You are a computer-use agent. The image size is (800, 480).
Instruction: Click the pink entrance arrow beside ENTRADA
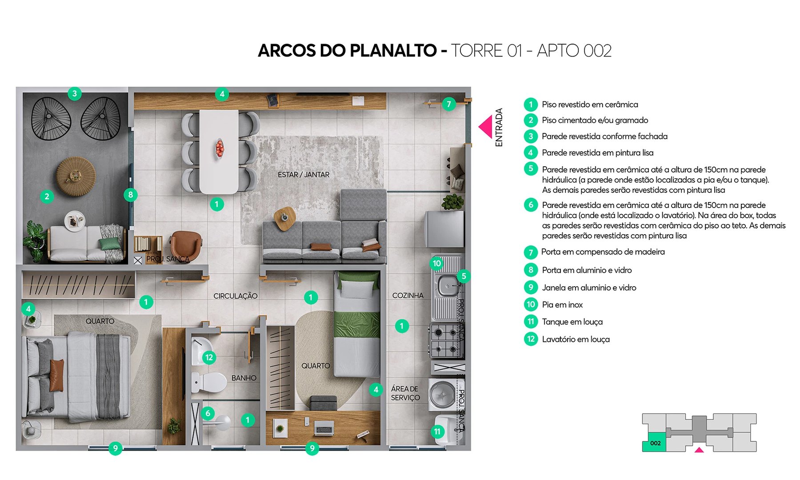(486, 127)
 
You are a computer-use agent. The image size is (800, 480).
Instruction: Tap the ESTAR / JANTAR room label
(304, 175)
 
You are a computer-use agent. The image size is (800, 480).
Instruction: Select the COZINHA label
(408, 296)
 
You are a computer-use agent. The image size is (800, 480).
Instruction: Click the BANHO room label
(244, 378)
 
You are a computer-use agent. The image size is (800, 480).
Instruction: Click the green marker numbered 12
(209, 357)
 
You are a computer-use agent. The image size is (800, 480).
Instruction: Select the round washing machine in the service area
(442, 393)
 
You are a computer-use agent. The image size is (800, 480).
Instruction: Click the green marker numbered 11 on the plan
(438, 432)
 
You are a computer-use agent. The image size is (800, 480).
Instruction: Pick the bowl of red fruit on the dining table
(220, 148)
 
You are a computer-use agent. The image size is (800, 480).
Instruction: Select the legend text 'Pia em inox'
(562, 305)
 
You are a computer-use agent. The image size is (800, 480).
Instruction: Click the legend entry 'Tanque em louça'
(572, 322)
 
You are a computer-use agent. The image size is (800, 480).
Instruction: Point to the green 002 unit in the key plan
(654, 442)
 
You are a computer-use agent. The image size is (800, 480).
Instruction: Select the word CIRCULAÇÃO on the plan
(235, 296)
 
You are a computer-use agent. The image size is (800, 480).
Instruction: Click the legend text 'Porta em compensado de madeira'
(603, 252)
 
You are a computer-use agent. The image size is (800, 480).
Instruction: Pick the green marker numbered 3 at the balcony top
(75, 94)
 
